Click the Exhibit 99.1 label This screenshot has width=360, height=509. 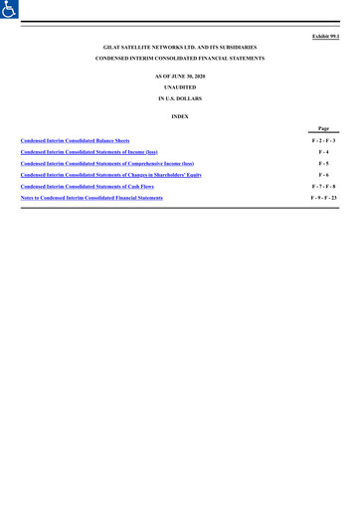pyautogui.click(x=325, y=37)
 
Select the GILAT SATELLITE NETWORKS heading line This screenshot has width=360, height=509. pyautogui.click(x=180, y=47)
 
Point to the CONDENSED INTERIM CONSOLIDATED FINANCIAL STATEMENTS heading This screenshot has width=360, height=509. pyautogui.click(x=180, y=59)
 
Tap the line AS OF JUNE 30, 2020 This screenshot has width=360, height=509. pyautogui.click(x=180, y=76)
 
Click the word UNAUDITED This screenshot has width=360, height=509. pyautogui.click(x=180, y=87)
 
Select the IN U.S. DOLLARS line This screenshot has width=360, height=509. pyautogui.click(x=180, y=99)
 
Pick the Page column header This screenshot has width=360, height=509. pyautogui.click(x=323, y=129)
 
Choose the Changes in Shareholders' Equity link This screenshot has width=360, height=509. pyautogui.click(x=110, y=174)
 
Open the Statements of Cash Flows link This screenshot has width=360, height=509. pyautogui.click(x=87, y=186)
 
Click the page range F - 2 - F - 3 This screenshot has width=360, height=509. pyautogui.click(x=323, y=141)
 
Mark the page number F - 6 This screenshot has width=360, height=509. pyautogui.click(x=323, y=174)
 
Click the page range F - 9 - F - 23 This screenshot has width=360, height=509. pyautogui.click(x=323, y=198)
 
